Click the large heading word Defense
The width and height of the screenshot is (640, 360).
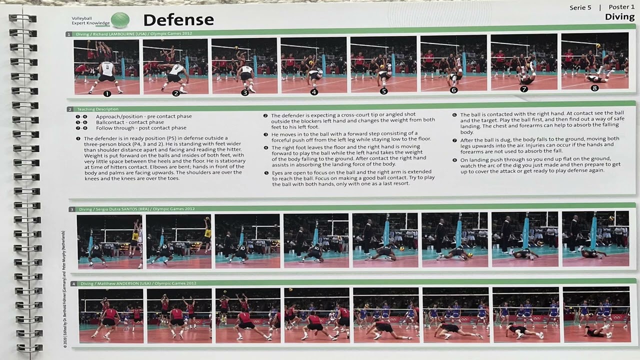click(x=178, y=20)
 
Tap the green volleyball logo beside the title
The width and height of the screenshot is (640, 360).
click(x=120, y=20)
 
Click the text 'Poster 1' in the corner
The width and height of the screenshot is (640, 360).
click(x=621, y=7)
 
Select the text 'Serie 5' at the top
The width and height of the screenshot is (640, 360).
click(x=580, y=7)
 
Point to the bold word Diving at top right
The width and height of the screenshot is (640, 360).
click(x=619, y=17)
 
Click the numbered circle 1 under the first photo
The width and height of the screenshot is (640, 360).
click(x=106, y=93)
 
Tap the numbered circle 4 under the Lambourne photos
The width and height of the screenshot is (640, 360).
click(x=314, y=92)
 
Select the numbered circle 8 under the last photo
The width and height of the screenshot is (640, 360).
click(x=594, y=88)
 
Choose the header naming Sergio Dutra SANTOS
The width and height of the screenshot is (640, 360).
click(x=135, y=209)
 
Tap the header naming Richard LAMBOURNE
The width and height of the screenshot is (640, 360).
click(x=133, y=34)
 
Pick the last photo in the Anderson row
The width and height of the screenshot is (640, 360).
click(x=596, y=315)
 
